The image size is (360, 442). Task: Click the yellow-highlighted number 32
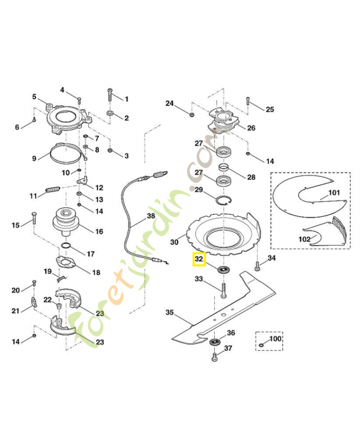coord(199,258)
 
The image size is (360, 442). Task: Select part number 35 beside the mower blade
coord(170,313)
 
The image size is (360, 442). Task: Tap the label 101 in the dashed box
coord(334,193)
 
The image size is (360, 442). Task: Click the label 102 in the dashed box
coord(305,239)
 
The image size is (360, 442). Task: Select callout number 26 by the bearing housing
coord(251,128)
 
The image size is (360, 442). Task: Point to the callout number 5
coord(34,97)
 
